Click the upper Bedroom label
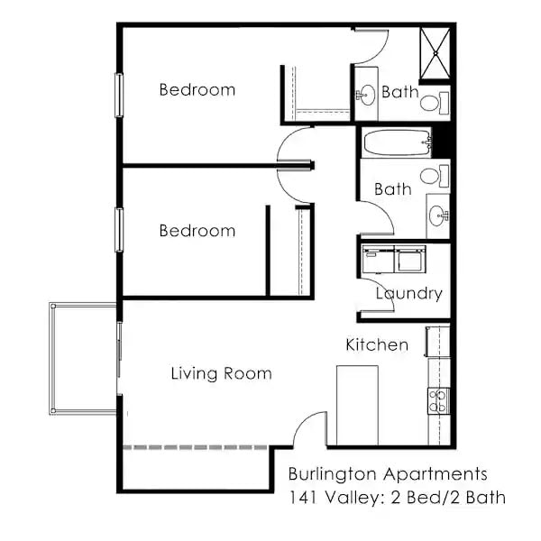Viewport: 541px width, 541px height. point(197,89)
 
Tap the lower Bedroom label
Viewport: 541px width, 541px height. point(197,231)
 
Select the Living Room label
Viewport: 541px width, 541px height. point(221,373)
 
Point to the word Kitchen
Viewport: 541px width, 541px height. point(377,344)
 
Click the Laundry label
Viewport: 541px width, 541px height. point(408,293)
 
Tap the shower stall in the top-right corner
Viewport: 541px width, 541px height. point(434,53)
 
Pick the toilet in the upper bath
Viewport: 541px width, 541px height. point(430,103)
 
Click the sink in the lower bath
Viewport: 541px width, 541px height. point(438,215)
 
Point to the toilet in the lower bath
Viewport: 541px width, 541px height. point(431,174)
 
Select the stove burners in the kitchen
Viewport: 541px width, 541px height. point(438,400)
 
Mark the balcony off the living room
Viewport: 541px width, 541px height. point(83,358)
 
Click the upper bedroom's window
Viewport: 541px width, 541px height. point(118,95)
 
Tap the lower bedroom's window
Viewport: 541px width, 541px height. point(118,229)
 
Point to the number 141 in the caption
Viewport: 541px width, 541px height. point(302,497)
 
